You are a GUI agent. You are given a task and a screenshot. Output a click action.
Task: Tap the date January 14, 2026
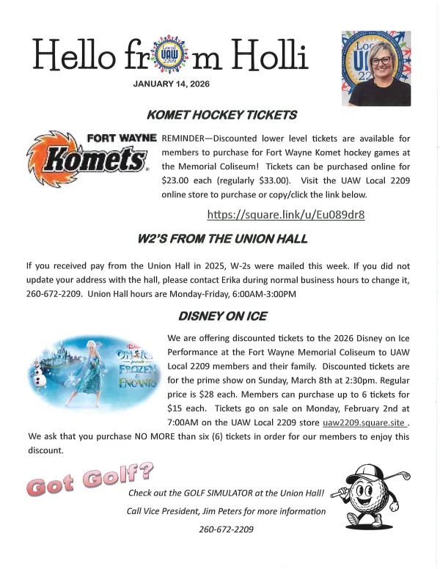click(172, 84)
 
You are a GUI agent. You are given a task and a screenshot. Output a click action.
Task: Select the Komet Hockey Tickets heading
click(221, 115)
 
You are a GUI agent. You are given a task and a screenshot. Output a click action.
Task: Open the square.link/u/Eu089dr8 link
click(286, 215)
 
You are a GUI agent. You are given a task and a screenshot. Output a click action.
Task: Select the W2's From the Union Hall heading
click(222, 239)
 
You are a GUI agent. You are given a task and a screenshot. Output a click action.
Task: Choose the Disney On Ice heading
click(222, 317)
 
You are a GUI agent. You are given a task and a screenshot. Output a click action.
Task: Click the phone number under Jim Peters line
click(226, 529)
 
